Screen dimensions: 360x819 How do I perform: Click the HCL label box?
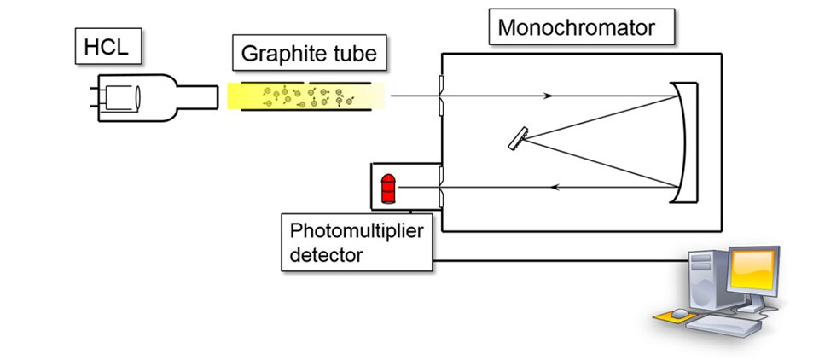[105, 49]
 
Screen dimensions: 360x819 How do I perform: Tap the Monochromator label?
[576, 27]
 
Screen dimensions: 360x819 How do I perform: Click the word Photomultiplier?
[356, 231]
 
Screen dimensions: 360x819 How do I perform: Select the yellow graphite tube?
[307, 96]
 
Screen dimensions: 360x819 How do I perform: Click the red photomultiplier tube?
[388, 188]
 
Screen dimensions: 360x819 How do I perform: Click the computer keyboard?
[723, 325]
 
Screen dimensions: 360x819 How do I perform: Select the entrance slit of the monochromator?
[440, 96]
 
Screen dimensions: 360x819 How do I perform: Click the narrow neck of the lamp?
[200, 96]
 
